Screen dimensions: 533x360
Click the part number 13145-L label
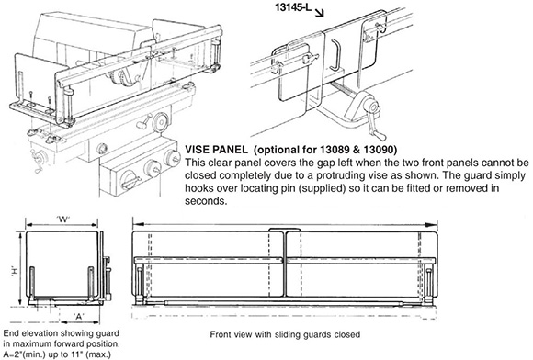(293, 7)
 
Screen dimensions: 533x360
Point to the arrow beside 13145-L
(319, 13)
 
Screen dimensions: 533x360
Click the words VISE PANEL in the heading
(216, 150)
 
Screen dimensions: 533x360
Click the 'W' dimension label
(63, 219)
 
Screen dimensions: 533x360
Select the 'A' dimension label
(79, 317)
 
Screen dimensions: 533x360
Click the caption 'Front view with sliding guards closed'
(285, 334)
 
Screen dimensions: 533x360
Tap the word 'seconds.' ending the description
(206, 201)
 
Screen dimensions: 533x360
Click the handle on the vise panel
(335, 53)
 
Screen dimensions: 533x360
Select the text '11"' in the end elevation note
(77, 354)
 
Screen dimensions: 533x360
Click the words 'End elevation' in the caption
(28, 333)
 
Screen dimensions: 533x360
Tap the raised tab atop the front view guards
(285, 230)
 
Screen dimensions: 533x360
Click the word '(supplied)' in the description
(323, 188)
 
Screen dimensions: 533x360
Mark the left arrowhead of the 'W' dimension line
(28, 225)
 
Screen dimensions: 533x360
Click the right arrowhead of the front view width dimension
(434, 225)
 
